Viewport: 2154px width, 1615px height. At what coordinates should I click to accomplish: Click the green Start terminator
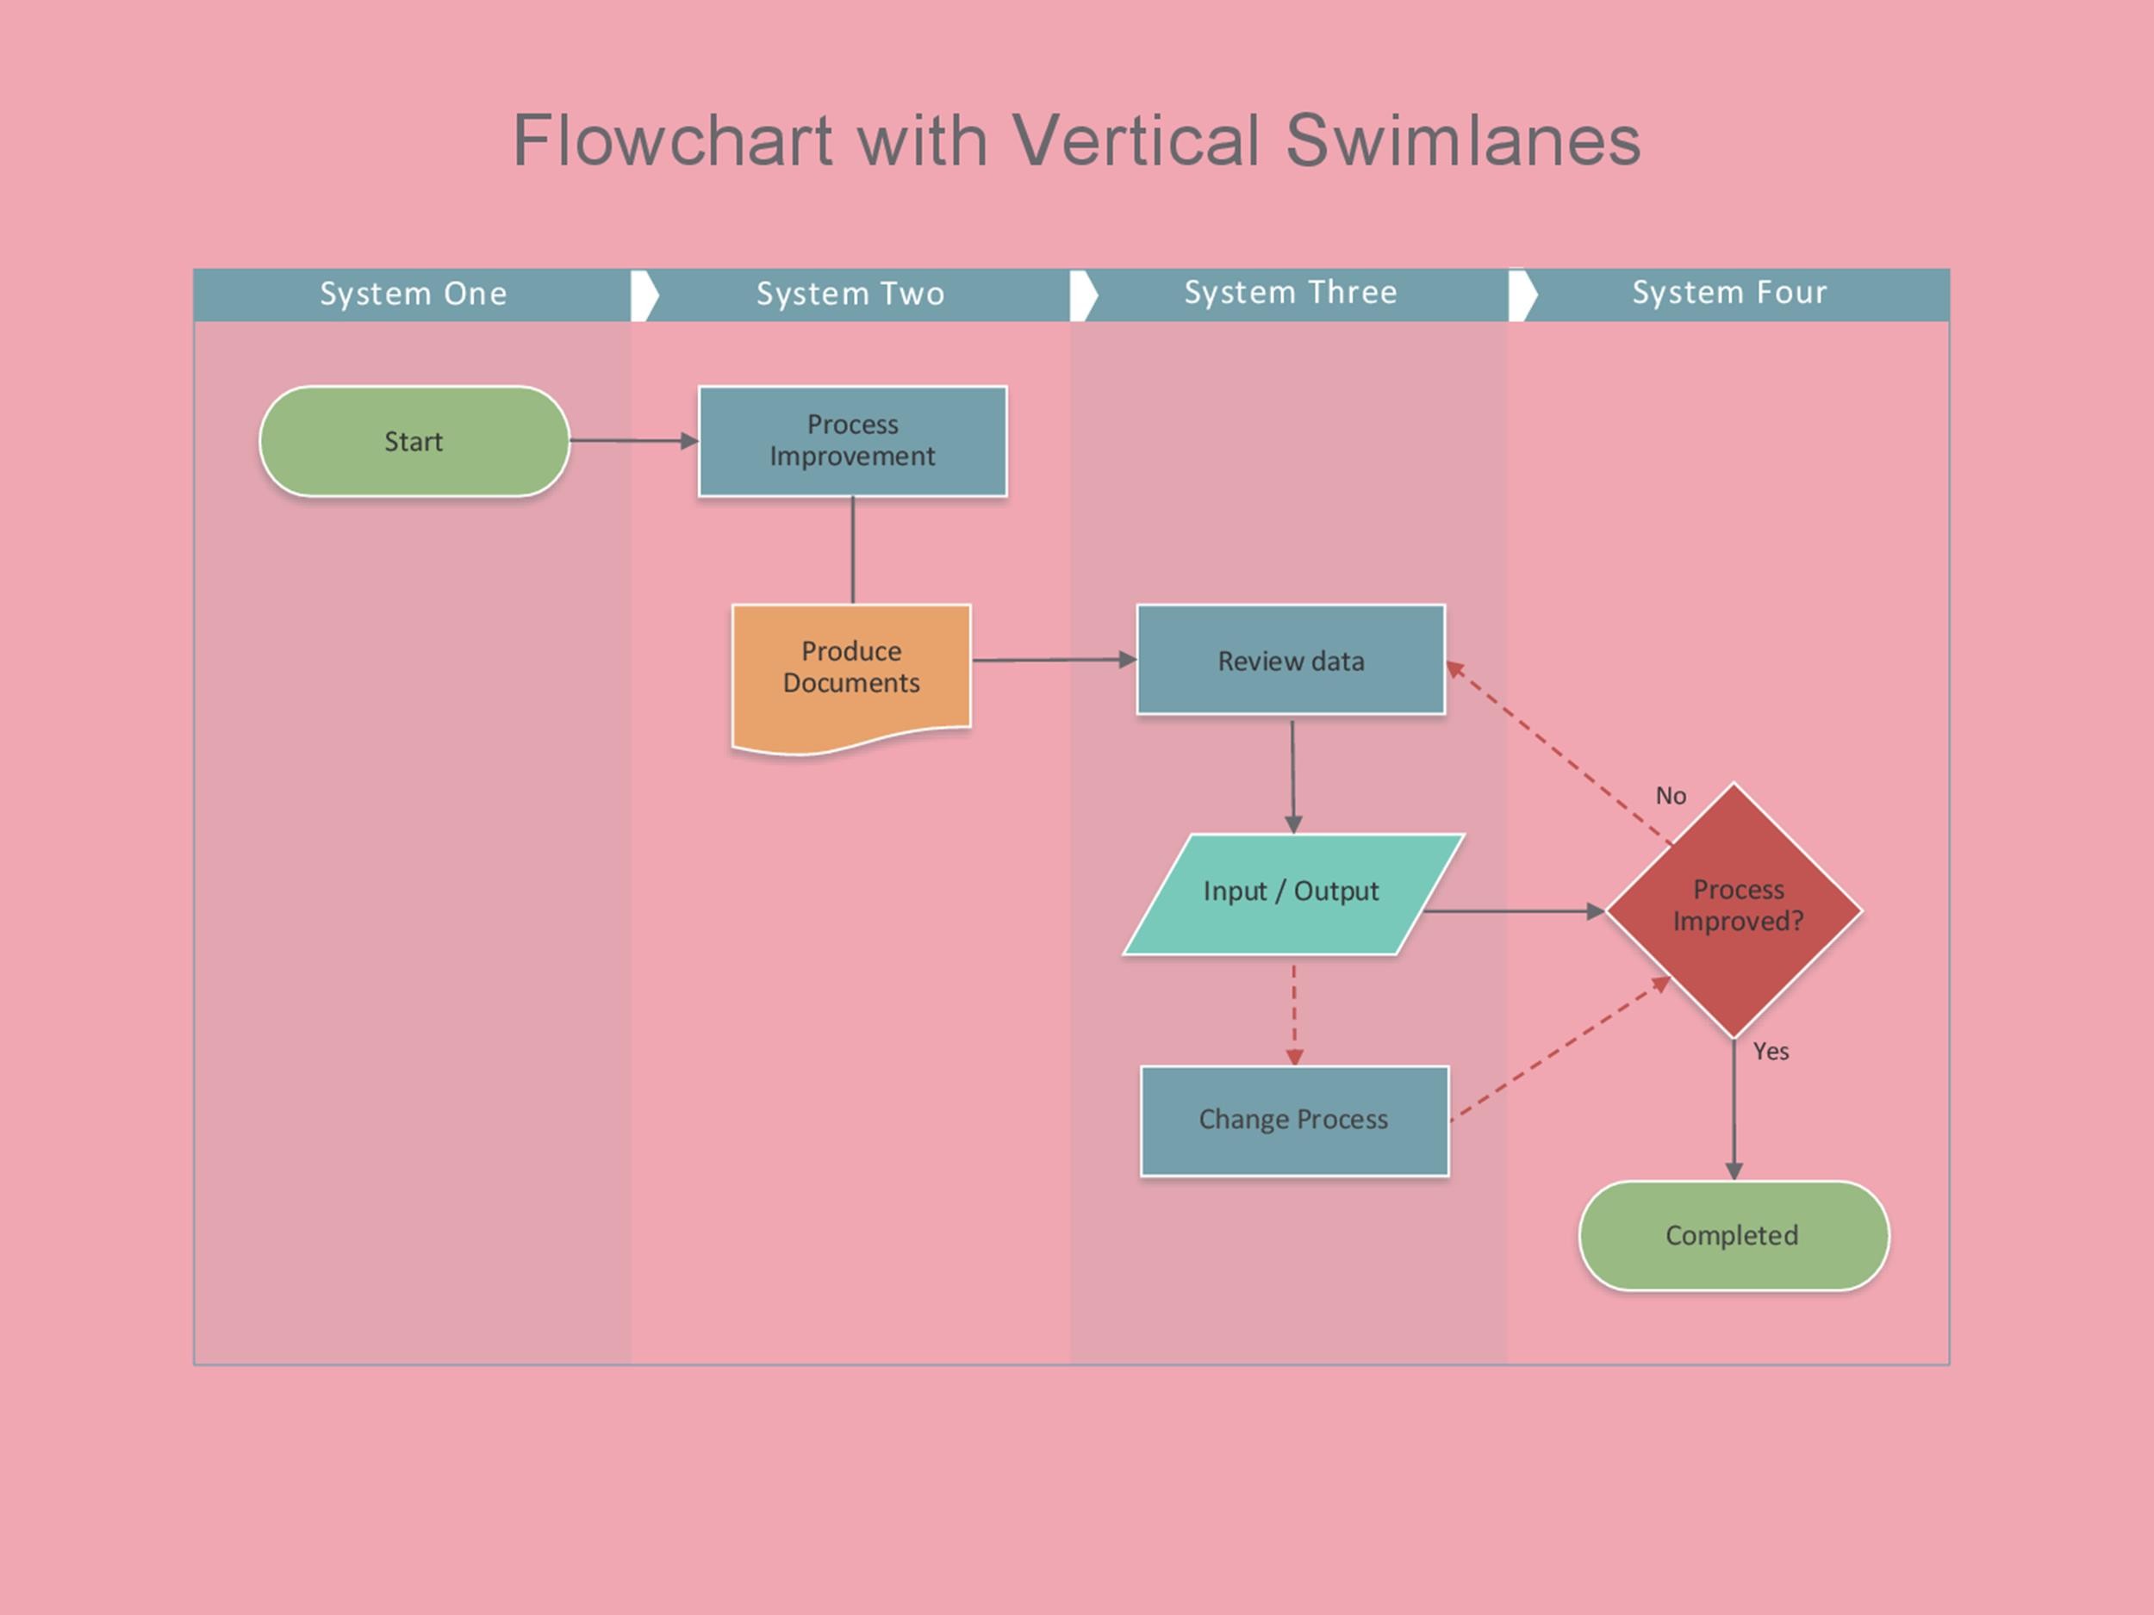pyautogui.click(x=414, y=441)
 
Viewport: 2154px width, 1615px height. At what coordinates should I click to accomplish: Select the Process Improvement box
pyautogui.click(x=852, y=441)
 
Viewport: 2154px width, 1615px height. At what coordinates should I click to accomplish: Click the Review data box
pyautogui.click(x=1291, y=660)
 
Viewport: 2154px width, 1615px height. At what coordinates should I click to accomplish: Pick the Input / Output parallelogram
pyautogui.click(x=1292, y=891)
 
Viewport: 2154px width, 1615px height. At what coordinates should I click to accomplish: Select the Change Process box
pyautogui.click(x=1293, y=1120)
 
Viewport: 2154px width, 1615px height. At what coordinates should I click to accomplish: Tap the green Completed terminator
pyautogui.click(x=1733, y=1235)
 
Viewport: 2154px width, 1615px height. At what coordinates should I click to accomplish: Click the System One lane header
pyautogui.click(x=413, y=294)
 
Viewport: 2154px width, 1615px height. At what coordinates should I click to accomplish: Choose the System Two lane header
pyautogui.click(x=850, y=294)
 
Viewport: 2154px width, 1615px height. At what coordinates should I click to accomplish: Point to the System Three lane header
pyautogui.click(x=1291, y=293)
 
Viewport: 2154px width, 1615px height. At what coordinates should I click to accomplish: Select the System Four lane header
pyautogui.click(x=1729, y=293)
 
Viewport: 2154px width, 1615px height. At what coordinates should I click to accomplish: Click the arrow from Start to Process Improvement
pyautogui.click(x=633, y=441)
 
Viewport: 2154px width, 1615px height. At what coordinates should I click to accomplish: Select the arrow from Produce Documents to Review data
pyautogui.click(x=1052, y=660)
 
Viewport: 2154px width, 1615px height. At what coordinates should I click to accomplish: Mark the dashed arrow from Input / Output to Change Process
pyautogui.click(x=1294, y=1012)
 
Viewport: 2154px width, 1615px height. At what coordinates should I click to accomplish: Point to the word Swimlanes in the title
pyautogui.click(x=1463, y=141)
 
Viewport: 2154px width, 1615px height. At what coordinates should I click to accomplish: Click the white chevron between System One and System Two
pyautogui.click(x=644, y=295)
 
